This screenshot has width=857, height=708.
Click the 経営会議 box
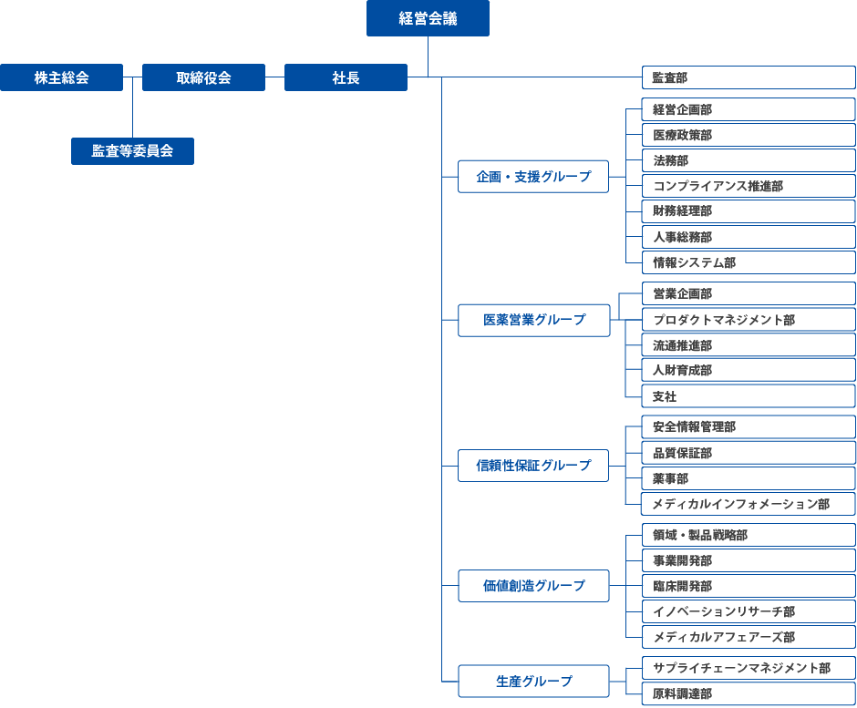coord(428,18)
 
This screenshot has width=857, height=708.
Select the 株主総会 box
coord(61,77)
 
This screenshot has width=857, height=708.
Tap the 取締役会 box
coord(203,77)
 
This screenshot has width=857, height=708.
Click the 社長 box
coord(346,77)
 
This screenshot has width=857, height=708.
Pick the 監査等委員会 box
coord(132,150)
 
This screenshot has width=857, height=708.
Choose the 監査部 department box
coord(749,77)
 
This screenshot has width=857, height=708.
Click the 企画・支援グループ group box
coord(533,177)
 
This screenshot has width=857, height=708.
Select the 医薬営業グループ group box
coord(534,320)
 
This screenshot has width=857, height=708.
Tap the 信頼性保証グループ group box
coord(533,466)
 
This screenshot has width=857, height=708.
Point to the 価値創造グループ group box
coord(533,586)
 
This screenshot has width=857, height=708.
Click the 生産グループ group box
coord(533,681)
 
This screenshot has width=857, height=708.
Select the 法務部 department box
coord(749,160)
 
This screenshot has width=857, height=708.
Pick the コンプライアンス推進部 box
coord(749,186)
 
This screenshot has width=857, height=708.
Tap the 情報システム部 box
coord(749,262)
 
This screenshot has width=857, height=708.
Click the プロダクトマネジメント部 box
coord(749,320)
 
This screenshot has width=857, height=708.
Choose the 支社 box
coord(749,396)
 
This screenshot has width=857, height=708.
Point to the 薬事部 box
coord(749,478)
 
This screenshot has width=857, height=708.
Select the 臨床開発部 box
coord(749,586)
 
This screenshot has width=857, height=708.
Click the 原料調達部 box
coord(749,693)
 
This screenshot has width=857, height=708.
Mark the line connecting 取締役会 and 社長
coord(275,77)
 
